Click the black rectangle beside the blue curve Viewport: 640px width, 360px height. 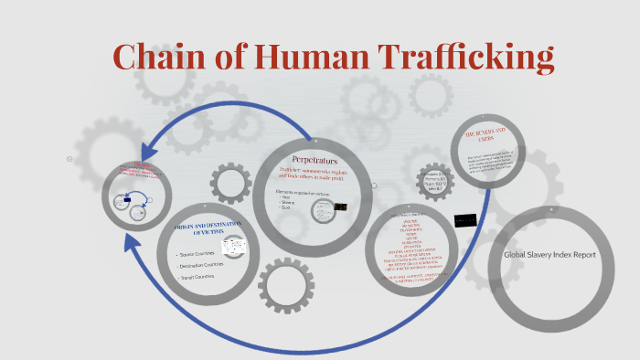click(x=466, y=219)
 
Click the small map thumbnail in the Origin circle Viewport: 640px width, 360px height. click(x=234, y=247)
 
